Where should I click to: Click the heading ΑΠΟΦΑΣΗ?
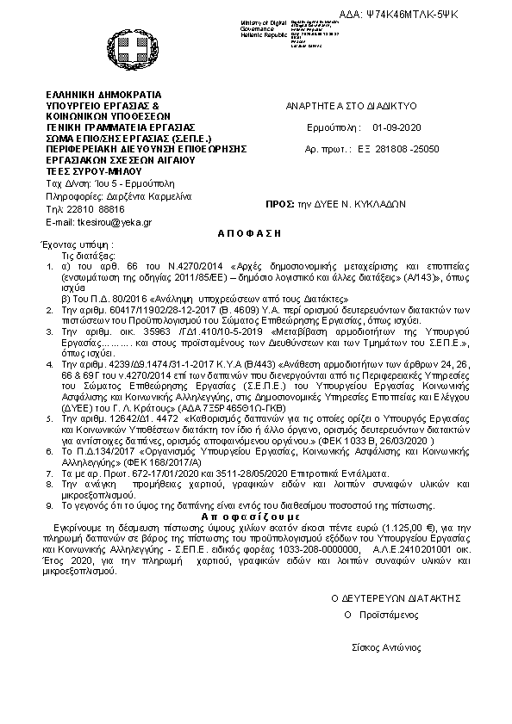pyautogui.click(x=230, y=233)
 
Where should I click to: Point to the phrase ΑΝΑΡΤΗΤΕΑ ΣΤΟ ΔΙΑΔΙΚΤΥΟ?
pyautogui.click(x=351, y=105)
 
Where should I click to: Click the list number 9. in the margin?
pyautogui.click(x=50, y=504)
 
